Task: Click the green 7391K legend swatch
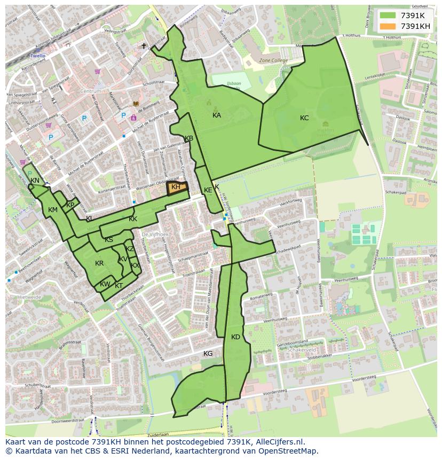(388, 15)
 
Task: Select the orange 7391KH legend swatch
(388, 26)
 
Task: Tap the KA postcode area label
(217, 115)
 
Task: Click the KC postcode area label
(304, 118)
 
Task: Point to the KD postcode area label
(235, 337)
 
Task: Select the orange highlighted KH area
(177, 187)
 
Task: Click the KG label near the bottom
(208, 354)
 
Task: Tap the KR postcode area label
(99, 263)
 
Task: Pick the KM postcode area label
(52, 210)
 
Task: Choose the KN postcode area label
(35, 181)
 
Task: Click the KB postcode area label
(189, 138)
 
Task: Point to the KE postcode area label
(208, 190)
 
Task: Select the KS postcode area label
(109, 240)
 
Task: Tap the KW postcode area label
(105, 284)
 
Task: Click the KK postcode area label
(133, 219)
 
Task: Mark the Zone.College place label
(273, 60)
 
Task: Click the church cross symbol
(143, 46)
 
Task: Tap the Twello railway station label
(38, 56)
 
